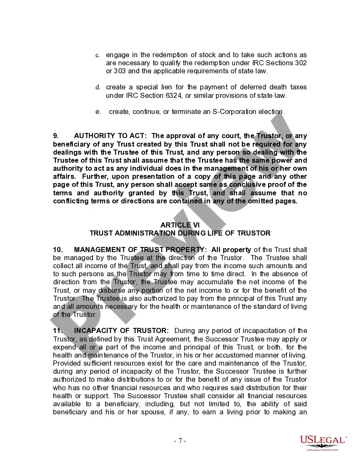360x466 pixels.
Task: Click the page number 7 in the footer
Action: (180, 441)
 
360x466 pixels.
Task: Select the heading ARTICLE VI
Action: (180, 225)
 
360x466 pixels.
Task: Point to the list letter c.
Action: (97, 55)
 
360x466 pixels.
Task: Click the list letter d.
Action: (97, 88)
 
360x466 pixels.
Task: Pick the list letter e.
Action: (98, 112)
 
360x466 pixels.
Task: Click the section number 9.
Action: (55, 136)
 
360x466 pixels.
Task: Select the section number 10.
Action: (57, 250)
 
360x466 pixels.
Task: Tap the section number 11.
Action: (57, 330)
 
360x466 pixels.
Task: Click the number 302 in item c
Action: (301, 63)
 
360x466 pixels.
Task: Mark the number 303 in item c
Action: (119, 71)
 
